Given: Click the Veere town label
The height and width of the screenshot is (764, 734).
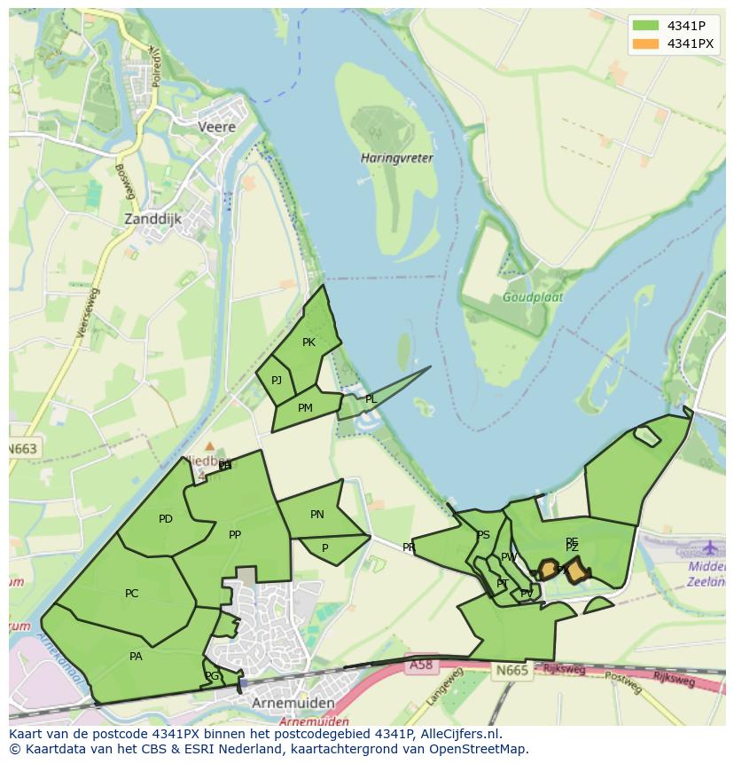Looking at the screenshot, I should (216, 127).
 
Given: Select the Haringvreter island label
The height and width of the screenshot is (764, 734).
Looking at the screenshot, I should (396, 158).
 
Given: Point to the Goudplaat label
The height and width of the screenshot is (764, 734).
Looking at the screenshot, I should (533, 298).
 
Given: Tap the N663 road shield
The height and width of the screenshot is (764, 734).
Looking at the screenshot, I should (23, 449).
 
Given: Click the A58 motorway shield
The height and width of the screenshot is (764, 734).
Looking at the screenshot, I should (421, 664).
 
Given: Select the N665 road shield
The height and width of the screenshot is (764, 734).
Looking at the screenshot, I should (511, 670).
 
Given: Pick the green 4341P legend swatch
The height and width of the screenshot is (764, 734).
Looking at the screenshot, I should (646, 25).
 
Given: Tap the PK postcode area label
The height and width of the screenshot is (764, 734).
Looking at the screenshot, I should (308, 343).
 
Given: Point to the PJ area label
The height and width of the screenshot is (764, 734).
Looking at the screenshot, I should (277, 381).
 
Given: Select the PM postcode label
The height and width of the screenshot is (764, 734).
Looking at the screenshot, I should (305, 408).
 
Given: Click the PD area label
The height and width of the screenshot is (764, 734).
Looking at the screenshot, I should (166, 519).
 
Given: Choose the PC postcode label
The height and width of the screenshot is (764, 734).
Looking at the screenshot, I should (132, 594).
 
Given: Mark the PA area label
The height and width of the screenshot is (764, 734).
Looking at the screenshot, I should (136, 657).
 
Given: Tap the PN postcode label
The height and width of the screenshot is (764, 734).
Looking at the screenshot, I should (317, 515).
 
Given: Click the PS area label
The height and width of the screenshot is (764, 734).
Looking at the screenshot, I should (483, 535).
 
